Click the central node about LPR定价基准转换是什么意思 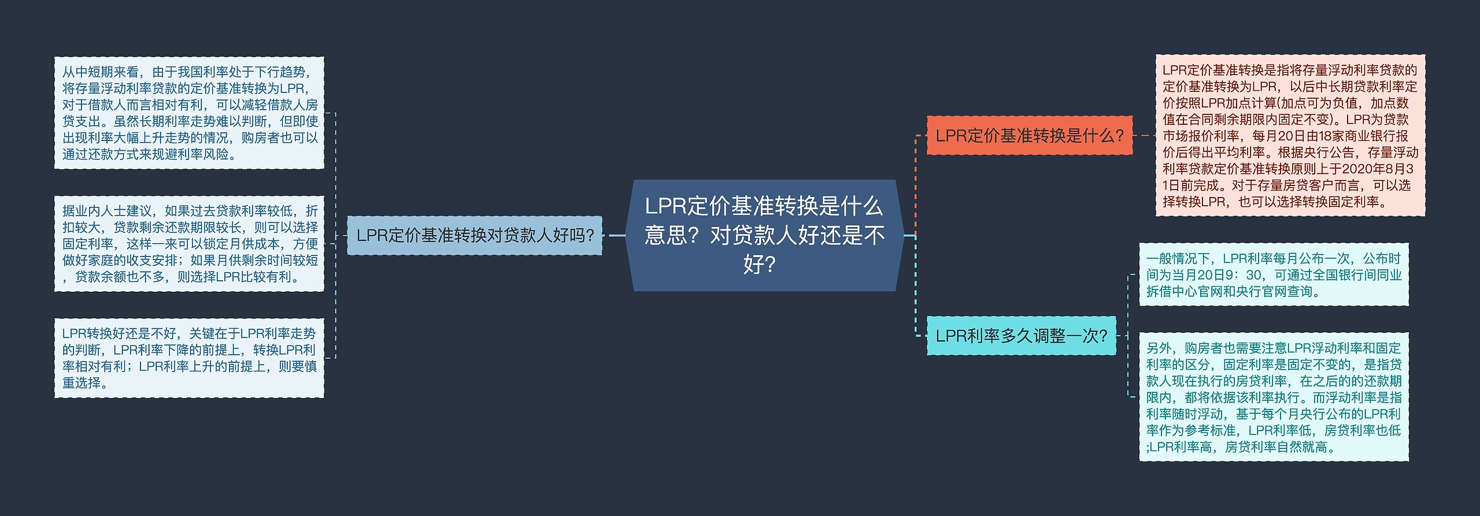764,235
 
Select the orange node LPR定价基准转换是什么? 1029,136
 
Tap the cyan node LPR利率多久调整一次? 1021,335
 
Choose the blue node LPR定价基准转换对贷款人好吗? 474,235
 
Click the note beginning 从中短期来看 189,113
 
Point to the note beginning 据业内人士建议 189,244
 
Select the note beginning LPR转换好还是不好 189,358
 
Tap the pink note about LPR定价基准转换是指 1290,136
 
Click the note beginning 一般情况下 1274,274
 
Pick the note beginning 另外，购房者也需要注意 1274,397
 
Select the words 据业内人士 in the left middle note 94,211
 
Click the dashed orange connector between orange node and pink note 1144,136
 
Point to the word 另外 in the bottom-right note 1159,348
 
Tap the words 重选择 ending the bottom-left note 82,383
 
